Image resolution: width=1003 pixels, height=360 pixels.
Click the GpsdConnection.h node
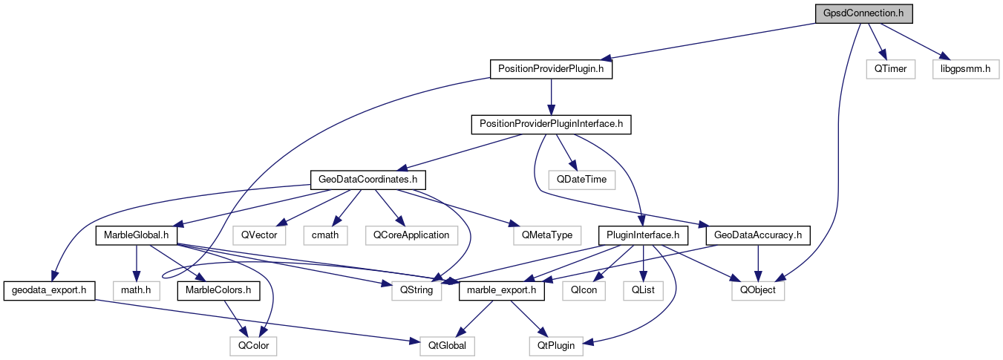(863, 13)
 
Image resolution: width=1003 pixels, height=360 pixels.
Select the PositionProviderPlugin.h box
(551, 69)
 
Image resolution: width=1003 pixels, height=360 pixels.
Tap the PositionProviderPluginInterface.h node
(551, 125)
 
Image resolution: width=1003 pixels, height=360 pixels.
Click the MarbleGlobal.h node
(134, 235)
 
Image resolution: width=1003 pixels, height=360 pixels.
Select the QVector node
(255, 235)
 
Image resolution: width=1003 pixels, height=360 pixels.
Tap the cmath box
(326, 235)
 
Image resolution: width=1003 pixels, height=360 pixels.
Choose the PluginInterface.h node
(643, 235)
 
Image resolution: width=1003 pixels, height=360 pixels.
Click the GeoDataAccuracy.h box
(757, 235)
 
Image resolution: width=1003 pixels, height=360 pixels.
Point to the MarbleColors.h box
(218, 290)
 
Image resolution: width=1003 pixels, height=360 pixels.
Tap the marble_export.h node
(503, 290)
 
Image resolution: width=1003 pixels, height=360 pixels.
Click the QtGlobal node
(442, 345)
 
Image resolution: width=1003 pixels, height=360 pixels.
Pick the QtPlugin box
(555, 345)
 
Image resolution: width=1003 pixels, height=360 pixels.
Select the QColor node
(253, 345)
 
